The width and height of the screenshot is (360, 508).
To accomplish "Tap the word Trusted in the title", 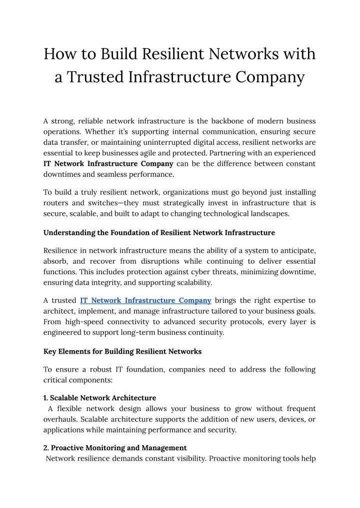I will coord(97,77).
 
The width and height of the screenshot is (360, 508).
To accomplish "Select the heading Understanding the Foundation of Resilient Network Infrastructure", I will coord(159,233).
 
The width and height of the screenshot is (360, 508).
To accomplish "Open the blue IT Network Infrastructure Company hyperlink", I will coord(145,301).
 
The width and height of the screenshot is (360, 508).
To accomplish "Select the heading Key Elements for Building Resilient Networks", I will coord(122,351).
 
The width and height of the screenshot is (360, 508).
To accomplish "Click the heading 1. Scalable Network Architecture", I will coord(100,398).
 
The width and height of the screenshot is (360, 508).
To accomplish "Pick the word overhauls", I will coord(59,419).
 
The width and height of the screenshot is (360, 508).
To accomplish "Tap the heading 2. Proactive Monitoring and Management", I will coord(115,448).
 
